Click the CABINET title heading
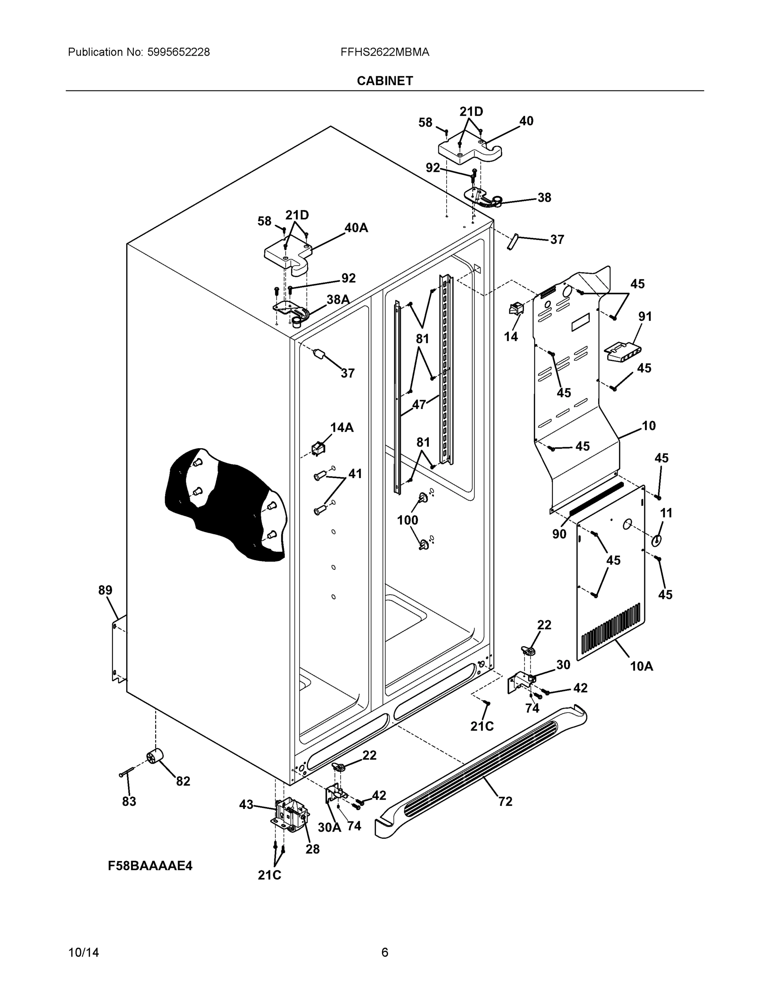[x=384, y=81]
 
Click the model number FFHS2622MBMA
[x=384, y=52]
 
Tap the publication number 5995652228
[x=178, y=52]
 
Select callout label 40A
[x=356, y=227]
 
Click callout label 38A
[x=338, y=299]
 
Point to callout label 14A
[x=342, y=427]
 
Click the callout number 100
[x=407, y=520]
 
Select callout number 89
[x=105, y=590]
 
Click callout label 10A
[x=641, y=666]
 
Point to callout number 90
[x=559, y=534]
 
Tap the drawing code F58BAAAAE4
[x=150, y=866]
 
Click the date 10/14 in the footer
[x=83, y=953]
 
